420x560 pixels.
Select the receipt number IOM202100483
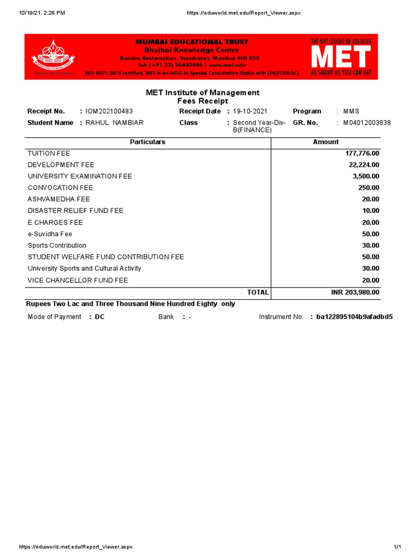(x=109, y=112)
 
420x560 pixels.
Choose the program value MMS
(x=351, y=112)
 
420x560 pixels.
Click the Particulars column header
(x=147, y=142)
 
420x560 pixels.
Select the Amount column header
(x=325, y=142)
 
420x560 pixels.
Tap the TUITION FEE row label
(x=49, y=154)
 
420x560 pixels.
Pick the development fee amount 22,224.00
(x=364, y=165)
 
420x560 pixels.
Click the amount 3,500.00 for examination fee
(x=365, y=177)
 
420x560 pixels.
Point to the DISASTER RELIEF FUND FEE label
(x=75, y=211)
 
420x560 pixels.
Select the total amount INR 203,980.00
(x=355, y=293)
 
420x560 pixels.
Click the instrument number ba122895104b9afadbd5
(x=354, y=317)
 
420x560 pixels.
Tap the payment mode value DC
(x=100, y=317)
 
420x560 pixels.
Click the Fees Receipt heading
(x=202, y=102)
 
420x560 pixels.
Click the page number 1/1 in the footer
(x=397, y=547)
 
